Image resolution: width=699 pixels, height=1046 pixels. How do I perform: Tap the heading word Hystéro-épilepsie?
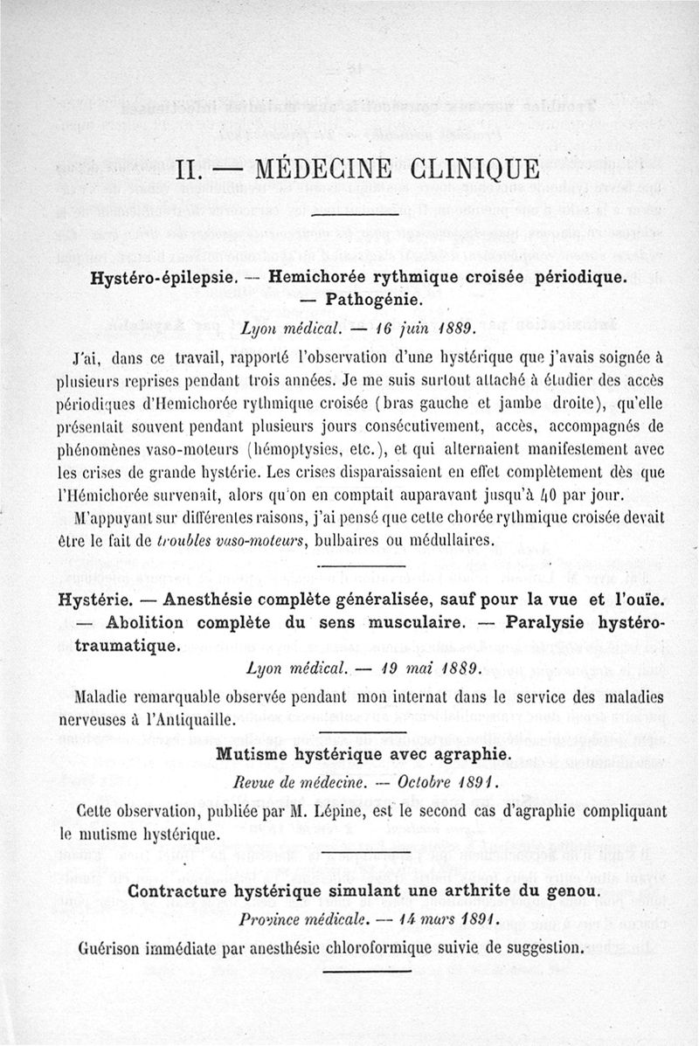click(163, 278)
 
